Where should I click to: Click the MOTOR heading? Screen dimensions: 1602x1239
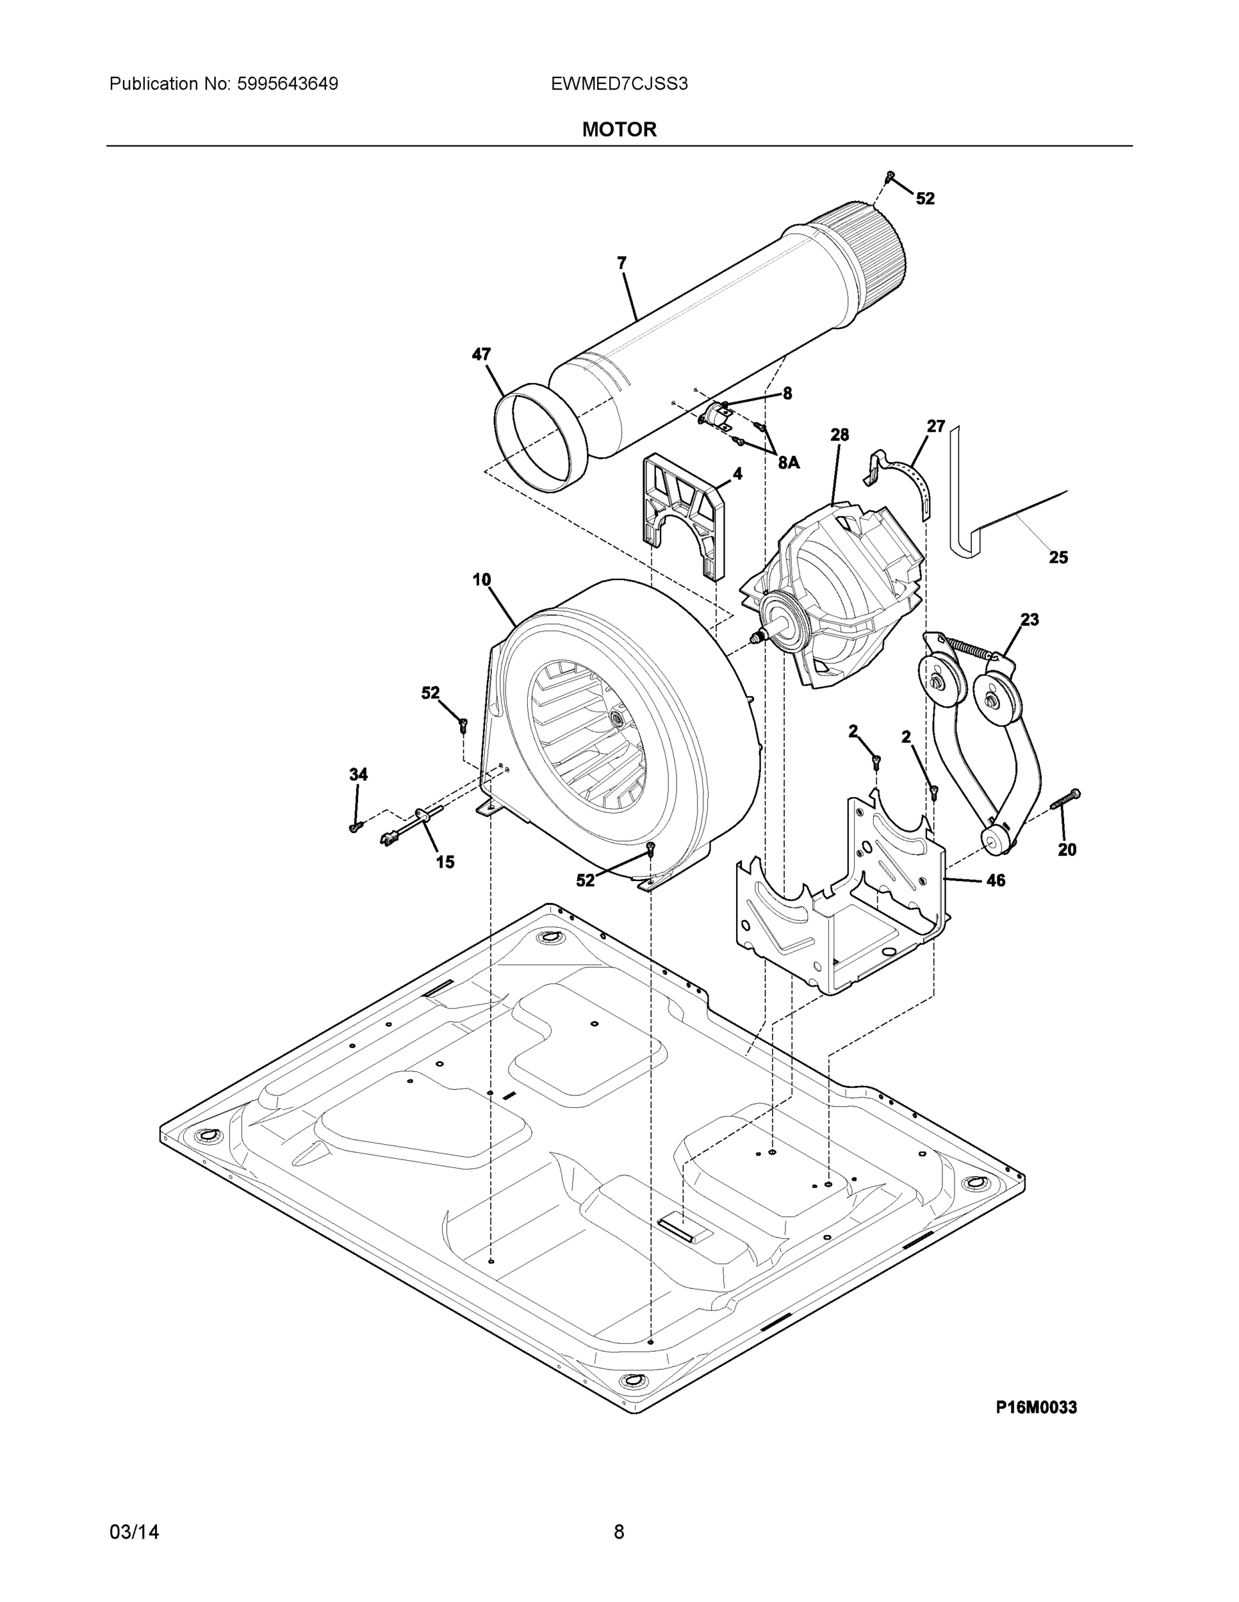pos(618,130)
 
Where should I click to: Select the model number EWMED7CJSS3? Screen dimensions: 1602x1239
pos(618,84)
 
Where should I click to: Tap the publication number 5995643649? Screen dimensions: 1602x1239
pos(287,84)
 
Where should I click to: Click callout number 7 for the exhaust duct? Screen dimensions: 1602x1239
pos(622,262)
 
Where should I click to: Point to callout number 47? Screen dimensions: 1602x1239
pos(481,354)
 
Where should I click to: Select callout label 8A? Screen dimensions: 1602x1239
pos(788,462)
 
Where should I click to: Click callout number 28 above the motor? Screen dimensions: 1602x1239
pos(840,435)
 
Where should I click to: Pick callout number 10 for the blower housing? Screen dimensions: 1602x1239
pos(482,579)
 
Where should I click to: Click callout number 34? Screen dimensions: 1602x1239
pos(358,774)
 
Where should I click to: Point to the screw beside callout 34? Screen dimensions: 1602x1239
pos(356,826)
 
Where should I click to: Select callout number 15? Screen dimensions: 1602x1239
pos(445,862)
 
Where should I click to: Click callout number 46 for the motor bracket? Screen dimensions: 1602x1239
pos(995,880)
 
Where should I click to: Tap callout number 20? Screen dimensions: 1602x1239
pos(1067,850)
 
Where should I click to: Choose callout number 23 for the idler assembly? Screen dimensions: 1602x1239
pos(1030,620)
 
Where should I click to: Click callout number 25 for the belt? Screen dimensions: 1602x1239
pos(1058,557)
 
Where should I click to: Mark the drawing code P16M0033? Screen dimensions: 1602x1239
pos(1036,1408)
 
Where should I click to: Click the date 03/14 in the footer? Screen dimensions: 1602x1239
pos(134,1533)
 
